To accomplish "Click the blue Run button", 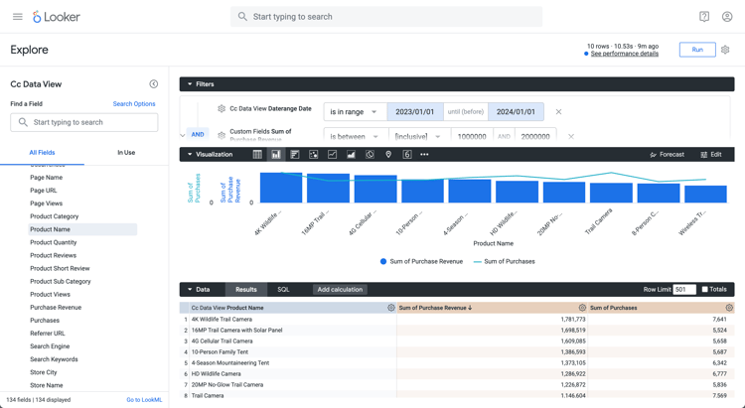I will pos(696,50).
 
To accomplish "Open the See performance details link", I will pos(624,54).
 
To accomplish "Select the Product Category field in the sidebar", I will pos(55,216).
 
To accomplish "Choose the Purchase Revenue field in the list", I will pos(56,308).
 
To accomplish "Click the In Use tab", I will pos(126,152).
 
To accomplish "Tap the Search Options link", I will pos(134,104).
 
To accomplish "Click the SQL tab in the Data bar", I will pos(283,290).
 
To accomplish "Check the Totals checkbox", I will pos(705,290).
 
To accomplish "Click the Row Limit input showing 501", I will pos(683,290).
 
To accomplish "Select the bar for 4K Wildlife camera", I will pos(280,188).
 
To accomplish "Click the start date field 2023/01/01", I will pos(414,112).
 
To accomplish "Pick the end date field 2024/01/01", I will pos(516,112).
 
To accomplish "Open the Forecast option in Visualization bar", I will pos(667,155).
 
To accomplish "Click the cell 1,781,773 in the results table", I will pos(572,320).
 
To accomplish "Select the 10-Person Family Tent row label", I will pos(220,352).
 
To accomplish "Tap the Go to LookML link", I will pos(144,400).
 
